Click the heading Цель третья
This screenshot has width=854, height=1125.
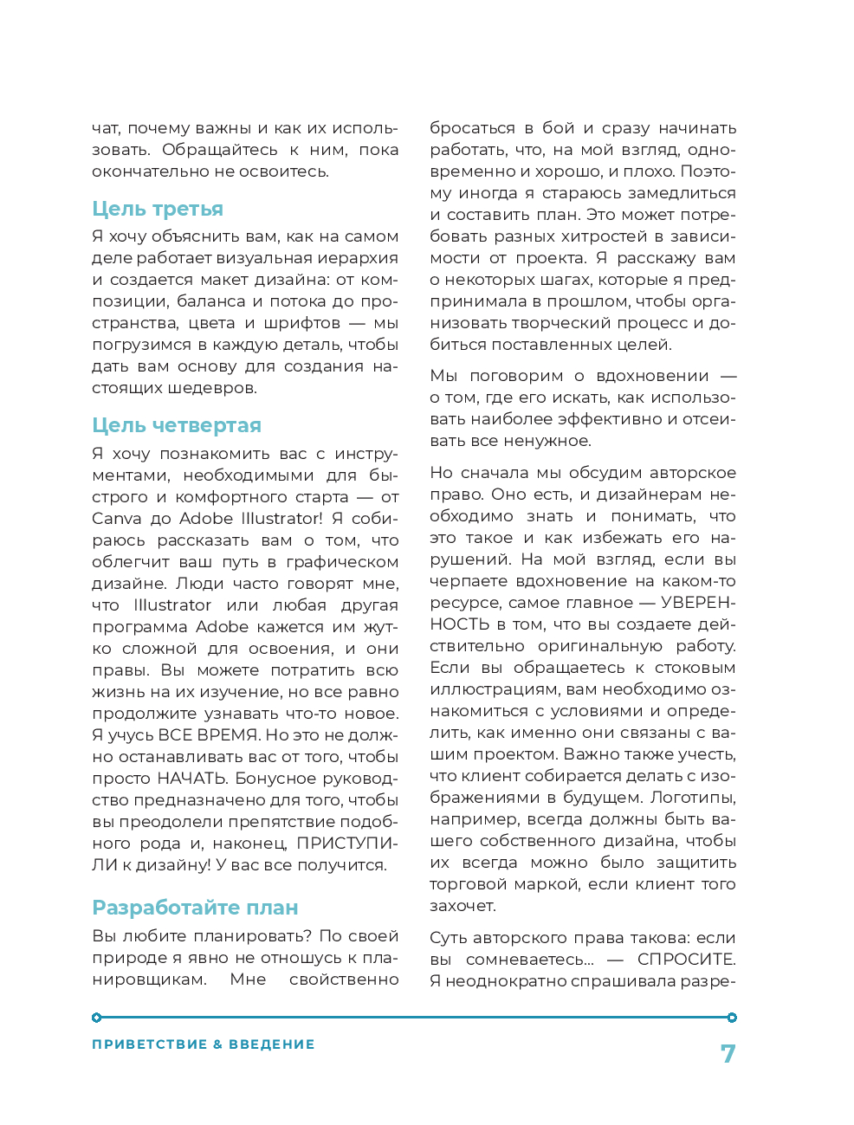[x=158, y=209]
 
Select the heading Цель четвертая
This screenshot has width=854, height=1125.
[x=177, y=425]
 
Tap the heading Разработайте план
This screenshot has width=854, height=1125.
[x=195, y=908]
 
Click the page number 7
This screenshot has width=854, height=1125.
[x=728, y=1054]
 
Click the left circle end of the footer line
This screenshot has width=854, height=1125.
[x=97, y=1018]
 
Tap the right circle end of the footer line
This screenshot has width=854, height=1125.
[x=732, y=1018]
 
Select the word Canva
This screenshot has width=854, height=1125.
[x=117, y=519]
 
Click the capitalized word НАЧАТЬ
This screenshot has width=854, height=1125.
[x=193, y=779]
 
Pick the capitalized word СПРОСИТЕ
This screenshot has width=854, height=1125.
[x=686, y=960]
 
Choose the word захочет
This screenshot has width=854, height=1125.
[x=463, y=906]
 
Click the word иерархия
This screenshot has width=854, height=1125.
[x=358, y=258]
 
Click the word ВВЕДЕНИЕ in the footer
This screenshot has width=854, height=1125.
[x=272, y=1044]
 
